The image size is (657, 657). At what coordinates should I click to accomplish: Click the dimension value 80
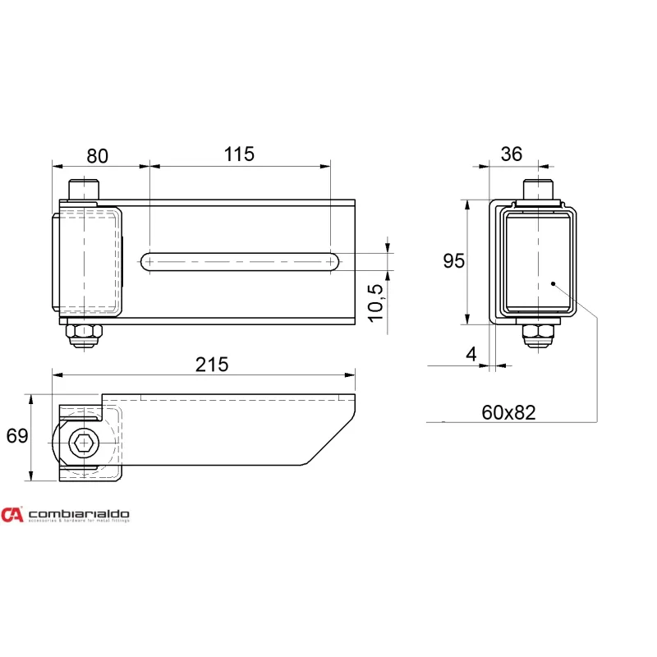tap(97, 156)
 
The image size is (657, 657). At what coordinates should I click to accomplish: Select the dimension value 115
tap(239, 154)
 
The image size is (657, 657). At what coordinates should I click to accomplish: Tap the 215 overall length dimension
tap(212, 365)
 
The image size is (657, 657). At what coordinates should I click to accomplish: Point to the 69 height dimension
tap(17, 436)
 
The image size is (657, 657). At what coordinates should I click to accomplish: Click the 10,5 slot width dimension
tap(376, 303)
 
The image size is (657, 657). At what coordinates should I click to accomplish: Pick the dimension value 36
tap(512, 154)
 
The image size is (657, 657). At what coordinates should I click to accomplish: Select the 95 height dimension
tap(454, 261)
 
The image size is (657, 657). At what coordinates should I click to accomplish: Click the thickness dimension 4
tap(471, 355)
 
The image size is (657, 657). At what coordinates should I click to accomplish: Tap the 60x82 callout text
tap(508, 413)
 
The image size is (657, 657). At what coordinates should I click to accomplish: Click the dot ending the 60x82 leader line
tap(553, 283)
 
